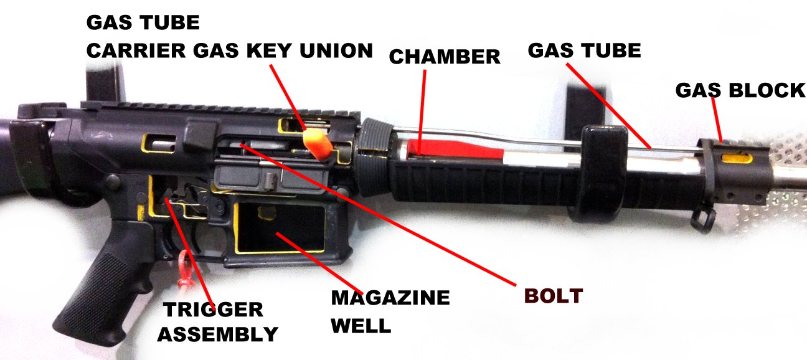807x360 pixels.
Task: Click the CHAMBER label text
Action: [x=445, y=57]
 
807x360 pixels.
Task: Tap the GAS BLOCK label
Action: [x=740, y=90]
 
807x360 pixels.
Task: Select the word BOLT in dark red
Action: [x=554, y=296]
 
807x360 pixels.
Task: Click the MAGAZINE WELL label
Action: [x=390, y=311]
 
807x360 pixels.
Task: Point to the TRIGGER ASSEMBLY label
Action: [x=217, y=321]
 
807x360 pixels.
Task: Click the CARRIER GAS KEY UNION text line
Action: [x=230, y=50]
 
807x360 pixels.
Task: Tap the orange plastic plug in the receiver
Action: [x=318, y=144]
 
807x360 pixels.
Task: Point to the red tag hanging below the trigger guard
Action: [x=186, y=270]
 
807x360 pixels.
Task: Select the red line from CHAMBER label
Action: [x=422, y=112]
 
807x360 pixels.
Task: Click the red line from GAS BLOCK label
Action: [x=717, y=120]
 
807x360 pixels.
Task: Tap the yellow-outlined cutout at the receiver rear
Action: [x=160, y=143]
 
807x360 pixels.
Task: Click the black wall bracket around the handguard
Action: [x=602, y=173]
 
